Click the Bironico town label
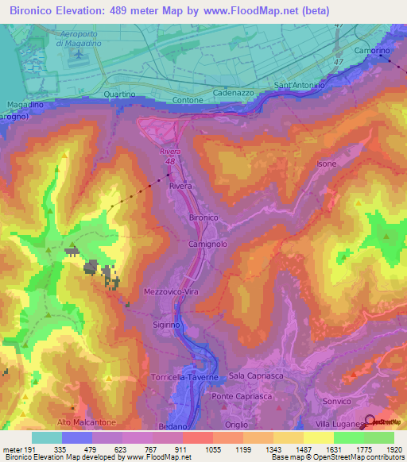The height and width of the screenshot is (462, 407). tap(203, 217)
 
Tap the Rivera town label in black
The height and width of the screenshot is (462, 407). tap(180, 186)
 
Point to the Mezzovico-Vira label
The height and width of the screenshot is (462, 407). tap(171, 291)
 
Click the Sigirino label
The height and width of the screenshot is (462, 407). tap(167, 325)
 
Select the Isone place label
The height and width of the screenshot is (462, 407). tap(327, 164)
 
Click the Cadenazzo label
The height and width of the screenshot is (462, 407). tap(234, 93)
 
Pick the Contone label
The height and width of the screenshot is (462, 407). tap(188, 101)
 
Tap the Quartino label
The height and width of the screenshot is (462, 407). tap(120, 94)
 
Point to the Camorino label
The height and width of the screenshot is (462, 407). tap(372, 50)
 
